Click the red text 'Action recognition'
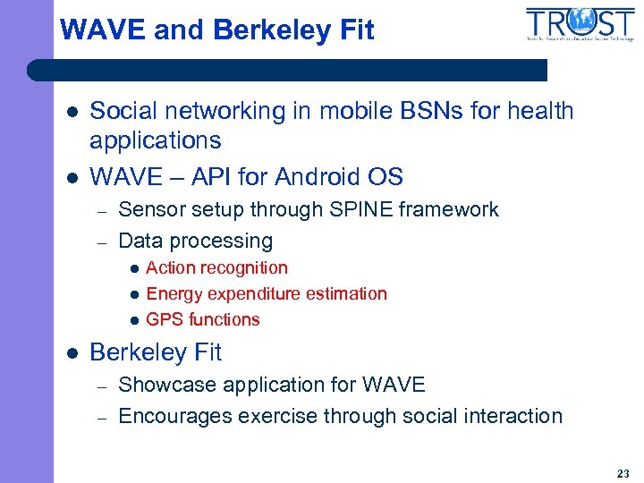tap(216, 267)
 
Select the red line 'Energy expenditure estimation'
tap(266, 293)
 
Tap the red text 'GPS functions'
tap(202, 319)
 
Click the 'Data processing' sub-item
tap(195, 241)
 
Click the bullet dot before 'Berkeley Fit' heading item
tap(72, 353)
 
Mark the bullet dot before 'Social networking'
tap(72, 113)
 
